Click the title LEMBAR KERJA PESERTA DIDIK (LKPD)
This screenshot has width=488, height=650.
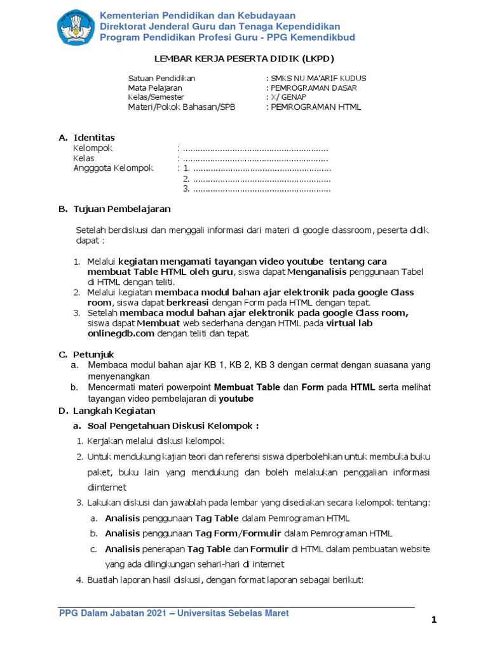pyautogui.click(x=245, y=58)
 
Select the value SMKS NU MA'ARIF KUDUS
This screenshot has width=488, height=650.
pyautogui.click(x=318, y=78)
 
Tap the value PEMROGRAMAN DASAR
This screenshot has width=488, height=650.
pyautogui.click(x=313, y=88)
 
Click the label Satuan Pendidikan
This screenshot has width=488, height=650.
pyautogui.click(x=161, y=78)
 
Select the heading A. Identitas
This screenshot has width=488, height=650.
pyautogui.click(x=87, y=138)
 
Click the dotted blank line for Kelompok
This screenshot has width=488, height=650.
pyautogui.click(x=254, y=148)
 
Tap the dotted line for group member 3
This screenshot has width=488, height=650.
pyautogui.click(x=261, y=189)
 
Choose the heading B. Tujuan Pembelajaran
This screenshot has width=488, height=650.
pyautogui.click(x=114, y=209)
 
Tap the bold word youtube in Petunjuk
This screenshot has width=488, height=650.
pyautogui.click(x=236, y=399)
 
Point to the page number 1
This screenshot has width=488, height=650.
pyautogui.click(x=434, y=621)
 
